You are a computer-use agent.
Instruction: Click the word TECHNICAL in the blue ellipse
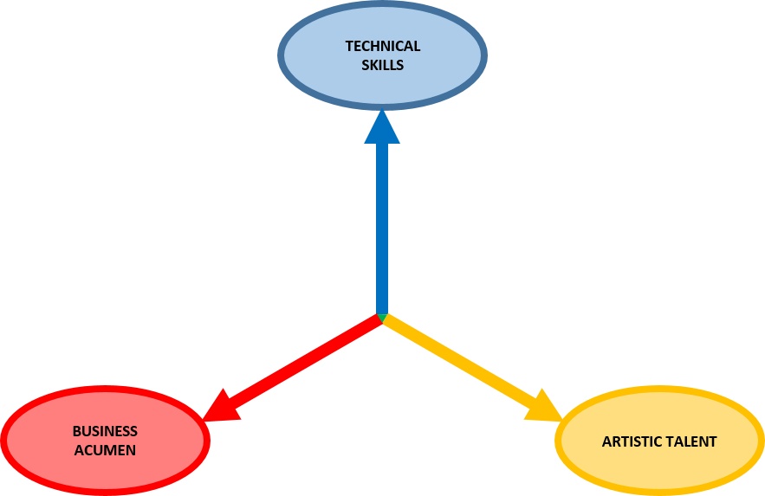coord(382,47)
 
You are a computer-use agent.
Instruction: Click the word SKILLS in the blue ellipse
coord(382,65)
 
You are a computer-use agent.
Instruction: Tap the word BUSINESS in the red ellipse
coord(105,431)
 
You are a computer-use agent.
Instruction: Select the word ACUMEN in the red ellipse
coord(105,450)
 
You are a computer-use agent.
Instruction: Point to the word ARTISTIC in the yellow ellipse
coord(632,441)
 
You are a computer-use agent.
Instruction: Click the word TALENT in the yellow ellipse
coord(690,441)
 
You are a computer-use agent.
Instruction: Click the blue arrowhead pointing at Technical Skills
coord(382,127)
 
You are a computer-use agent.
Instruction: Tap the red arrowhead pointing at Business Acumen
coord(220,408)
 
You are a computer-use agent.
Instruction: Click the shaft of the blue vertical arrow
coord(382,225)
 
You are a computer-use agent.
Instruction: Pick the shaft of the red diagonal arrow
coord(303,361)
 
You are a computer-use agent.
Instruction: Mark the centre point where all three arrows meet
coord(382,317)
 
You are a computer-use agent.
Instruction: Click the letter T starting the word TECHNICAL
coord(348,47)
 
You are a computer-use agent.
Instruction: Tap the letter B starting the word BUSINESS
coord(76,431)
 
